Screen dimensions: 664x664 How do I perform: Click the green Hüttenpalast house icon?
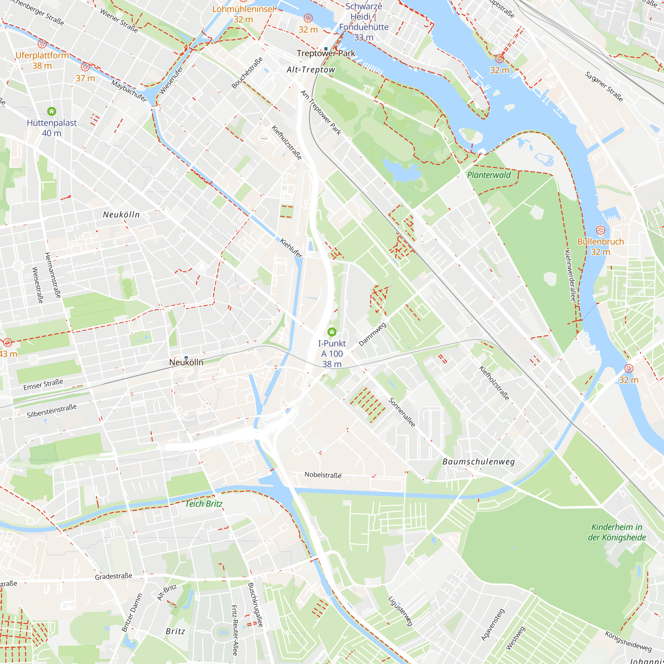(51, 111)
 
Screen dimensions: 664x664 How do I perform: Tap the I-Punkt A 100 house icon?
(332, 332)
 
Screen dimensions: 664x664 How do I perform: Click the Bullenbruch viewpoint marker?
(600, 230)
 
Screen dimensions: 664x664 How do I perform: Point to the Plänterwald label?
(489, 175)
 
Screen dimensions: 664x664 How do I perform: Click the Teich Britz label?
(204, 504)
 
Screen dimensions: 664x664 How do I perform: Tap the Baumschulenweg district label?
(479, 461)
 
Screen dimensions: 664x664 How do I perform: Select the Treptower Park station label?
(326, 53)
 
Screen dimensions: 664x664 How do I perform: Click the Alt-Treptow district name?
(311, 70)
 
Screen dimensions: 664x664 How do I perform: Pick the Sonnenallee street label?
(402, 412)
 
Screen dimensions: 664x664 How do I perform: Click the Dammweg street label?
(372, 334)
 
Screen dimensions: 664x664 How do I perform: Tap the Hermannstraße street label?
(52, 275)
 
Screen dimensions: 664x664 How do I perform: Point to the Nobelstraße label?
(323, 475)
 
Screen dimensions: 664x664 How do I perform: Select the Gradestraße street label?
(114, 576)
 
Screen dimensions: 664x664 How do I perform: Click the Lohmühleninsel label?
(243, 9)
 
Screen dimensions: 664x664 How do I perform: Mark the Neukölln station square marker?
(186, 358)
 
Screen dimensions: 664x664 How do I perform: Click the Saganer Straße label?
(604, 87)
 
